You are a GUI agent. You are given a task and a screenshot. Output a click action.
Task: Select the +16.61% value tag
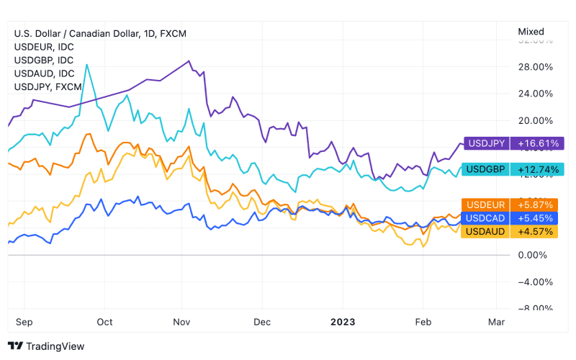[539, 143]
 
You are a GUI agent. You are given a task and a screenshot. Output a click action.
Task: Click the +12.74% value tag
[539, 169]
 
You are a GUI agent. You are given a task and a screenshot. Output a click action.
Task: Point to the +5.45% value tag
[539, 217]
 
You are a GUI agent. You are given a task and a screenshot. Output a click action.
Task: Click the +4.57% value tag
[539, 231]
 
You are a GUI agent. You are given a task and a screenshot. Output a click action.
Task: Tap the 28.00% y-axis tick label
[536, 67]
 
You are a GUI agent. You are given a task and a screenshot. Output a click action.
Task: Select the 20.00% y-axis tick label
[536, 121]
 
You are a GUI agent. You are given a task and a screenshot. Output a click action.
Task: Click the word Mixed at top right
[531, 32]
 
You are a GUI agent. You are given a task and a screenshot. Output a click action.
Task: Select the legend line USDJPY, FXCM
[48, 87]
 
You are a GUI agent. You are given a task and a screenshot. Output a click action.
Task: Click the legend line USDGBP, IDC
[45, 60]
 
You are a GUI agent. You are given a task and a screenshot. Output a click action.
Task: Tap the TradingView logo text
[55, 346]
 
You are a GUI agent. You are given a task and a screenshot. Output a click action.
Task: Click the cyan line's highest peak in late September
[86, 65]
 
